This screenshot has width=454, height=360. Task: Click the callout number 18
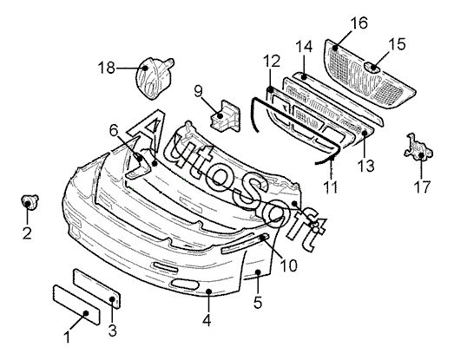(x=106, y=69)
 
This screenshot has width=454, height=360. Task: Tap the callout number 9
(x=198, y=91)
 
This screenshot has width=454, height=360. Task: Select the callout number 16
(x=359, y=23)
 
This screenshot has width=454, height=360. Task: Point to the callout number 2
(x=27, y=233)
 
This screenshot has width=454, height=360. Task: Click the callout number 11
(x=331, y=187)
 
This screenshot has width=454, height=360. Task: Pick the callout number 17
(x=423, y=187)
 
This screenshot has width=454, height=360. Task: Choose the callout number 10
(x=289, y=265)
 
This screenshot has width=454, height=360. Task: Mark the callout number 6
(x=114, y=131)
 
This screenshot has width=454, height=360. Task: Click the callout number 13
(x=365, y=166)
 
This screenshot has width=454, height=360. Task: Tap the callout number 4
(x=207, y=320)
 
